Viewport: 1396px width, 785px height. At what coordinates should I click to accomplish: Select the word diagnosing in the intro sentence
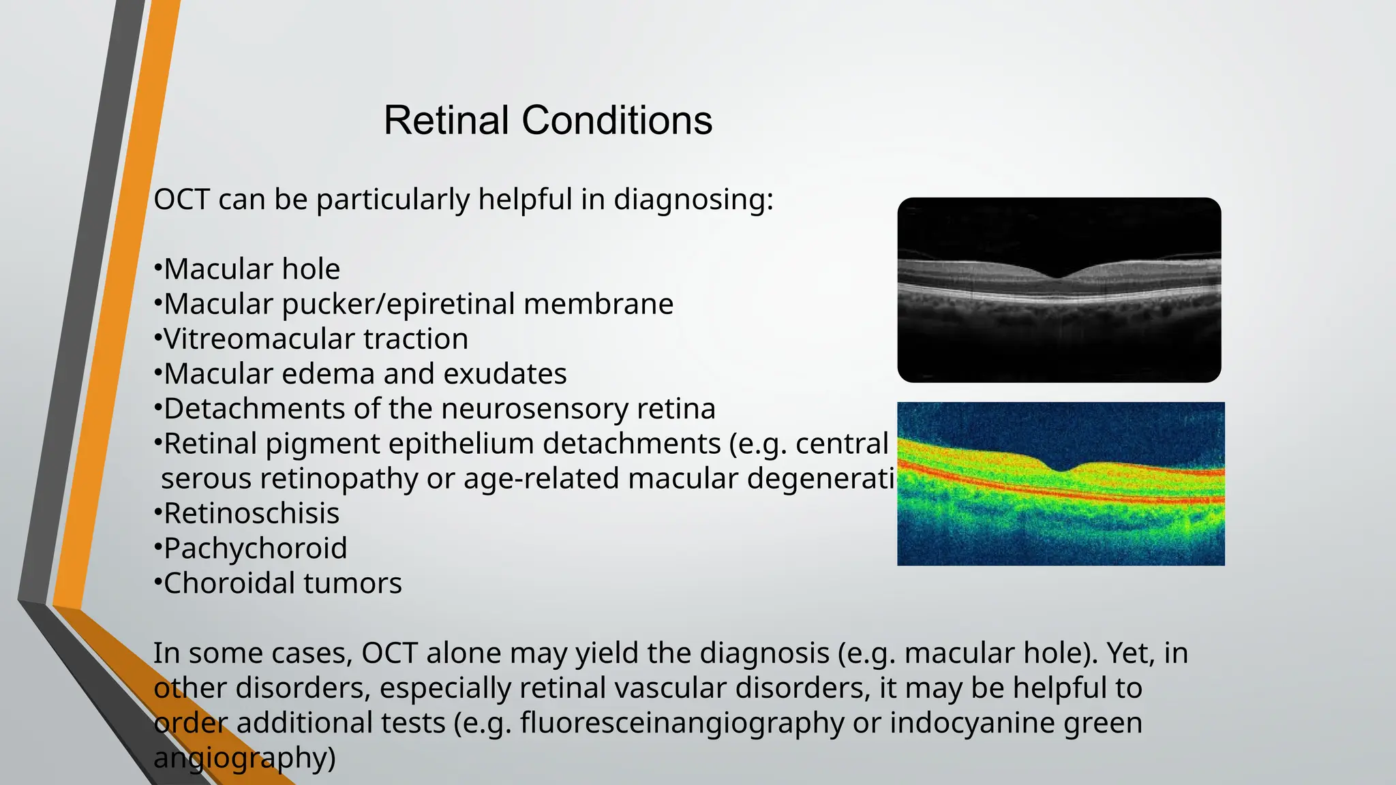(693, 200)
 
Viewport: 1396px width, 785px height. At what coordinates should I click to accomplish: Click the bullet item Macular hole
(252, 269)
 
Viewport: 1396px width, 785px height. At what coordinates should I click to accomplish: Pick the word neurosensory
(534, 409)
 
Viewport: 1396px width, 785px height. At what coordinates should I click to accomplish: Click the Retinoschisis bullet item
(252, 513)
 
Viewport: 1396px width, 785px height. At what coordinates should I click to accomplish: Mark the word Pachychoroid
(256, 548)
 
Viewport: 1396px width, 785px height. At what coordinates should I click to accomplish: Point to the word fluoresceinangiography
(682, 723)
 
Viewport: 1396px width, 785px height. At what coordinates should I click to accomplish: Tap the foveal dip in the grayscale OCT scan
(1057, 276)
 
